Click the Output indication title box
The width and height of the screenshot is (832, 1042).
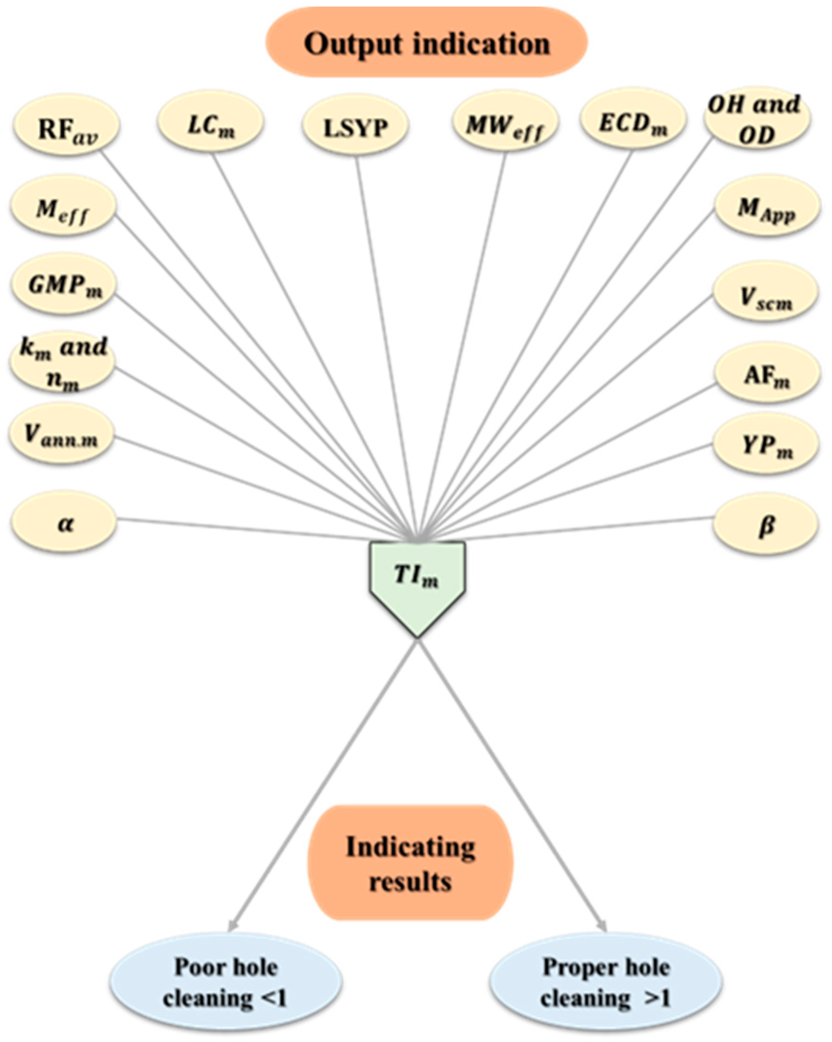click(x=427, y=43)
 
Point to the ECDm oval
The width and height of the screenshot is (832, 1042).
click(x=634, y=121)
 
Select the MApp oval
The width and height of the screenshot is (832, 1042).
click(x=767, y=207)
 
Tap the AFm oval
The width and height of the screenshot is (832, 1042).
click(x=767, y=374)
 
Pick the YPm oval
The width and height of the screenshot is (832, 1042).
click(x=766, y=444)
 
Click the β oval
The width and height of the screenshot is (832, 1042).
click(x=766, y=525)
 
